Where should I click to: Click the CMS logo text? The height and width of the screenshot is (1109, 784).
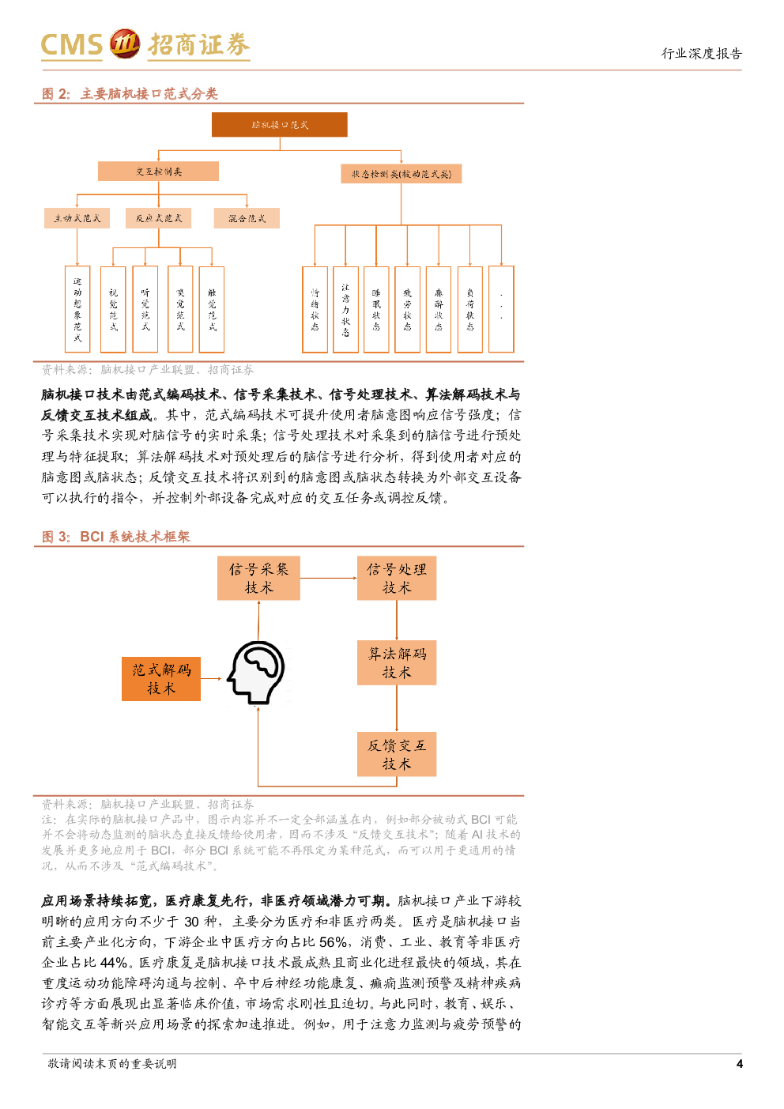tap(72, 45)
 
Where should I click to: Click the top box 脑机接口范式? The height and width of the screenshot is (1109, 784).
tap(280, 125)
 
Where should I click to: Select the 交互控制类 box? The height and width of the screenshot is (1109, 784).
tap(158, 172)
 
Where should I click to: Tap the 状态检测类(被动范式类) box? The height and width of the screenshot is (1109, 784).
tap(401, 174)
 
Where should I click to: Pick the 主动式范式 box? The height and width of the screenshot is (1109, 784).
tap(77, 218)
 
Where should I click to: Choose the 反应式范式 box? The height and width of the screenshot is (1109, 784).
tap(159, 218)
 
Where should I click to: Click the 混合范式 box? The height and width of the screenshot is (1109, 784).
tap(247, 218)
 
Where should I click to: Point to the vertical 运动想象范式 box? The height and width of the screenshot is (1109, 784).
tap(77, 309)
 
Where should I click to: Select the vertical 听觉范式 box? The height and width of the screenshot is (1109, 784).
tap(145, 309)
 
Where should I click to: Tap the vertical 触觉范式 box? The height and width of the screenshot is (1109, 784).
tap(212, 309)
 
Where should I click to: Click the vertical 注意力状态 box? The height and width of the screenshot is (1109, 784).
tap(345, 309)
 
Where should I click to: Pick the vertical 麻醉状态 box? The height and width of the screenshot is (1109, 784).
tap(439, 309)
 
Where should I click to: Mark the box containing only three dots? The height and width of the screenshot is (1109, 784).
tap(501, 309)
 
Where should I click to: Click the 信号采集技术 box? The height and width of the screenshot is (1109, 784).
tap(258, 579)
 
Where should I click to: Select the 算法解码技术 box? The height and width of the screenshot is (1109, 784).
tap(397, 662)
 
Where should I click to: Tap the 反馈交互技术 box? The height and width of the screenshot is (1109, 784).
tap(397, 754)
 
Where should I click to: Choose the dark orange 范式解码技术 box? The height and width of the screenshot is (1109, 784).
tap(161, 679)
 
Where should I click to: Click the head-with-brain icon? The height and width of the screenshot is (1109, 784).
tap(258, 674)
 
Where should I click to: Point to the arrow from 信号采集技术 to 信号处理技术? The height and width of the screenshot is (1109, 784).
tap(328, 578)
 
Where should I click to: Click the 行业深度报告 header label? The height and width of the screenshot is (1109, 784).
tap(702, 54)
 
